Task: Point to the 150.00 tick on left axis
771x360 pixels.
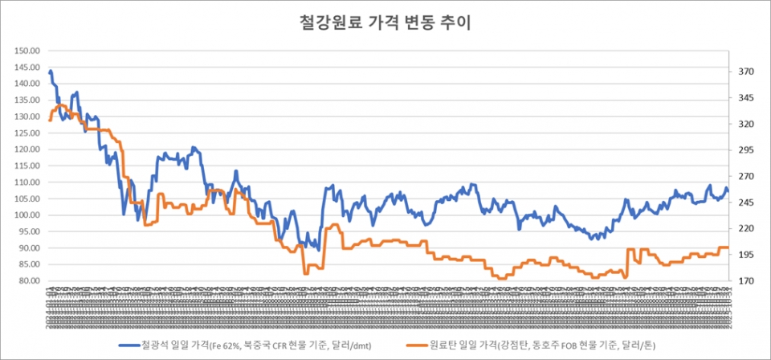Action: click(x=27, y=51)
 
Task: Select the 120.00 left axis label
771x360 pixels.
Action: click(x=27, y=149)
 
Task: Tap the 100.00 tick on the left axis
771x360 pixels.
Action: click(x=27, y=215)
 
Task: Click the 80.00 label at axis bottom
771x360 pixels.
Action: click(x=29, y=281)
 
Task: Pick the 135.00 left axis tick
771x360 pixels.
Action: click(x=27, y=100)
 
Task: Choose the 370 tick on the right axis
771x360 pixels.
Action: click(x=746, y=72)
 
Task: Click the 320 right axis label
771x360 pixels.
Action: click(x=746, y=125)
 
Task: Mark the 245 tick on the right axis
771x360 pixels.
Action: click(x=746, y=202)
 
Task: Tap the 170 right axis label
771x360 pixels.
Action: click(x=746, y=281)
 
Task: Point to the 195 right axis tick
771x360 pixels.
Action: click(x=746, y=255)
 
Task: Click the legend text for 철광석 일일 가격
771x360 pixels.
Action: click(x=248, y=345)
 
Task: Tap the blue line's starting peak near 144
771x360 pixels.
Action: click(x=51, y=72)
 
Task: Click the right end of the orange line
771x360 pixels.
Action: click(x=728, y=247)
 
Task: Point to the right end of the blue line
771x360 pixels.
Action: click(x=728, y=190)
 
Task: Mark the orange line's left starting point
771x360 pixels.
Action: click(x=50, y=121)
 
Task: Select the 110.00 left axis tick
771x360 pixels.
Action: click(x=27, y=182)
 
